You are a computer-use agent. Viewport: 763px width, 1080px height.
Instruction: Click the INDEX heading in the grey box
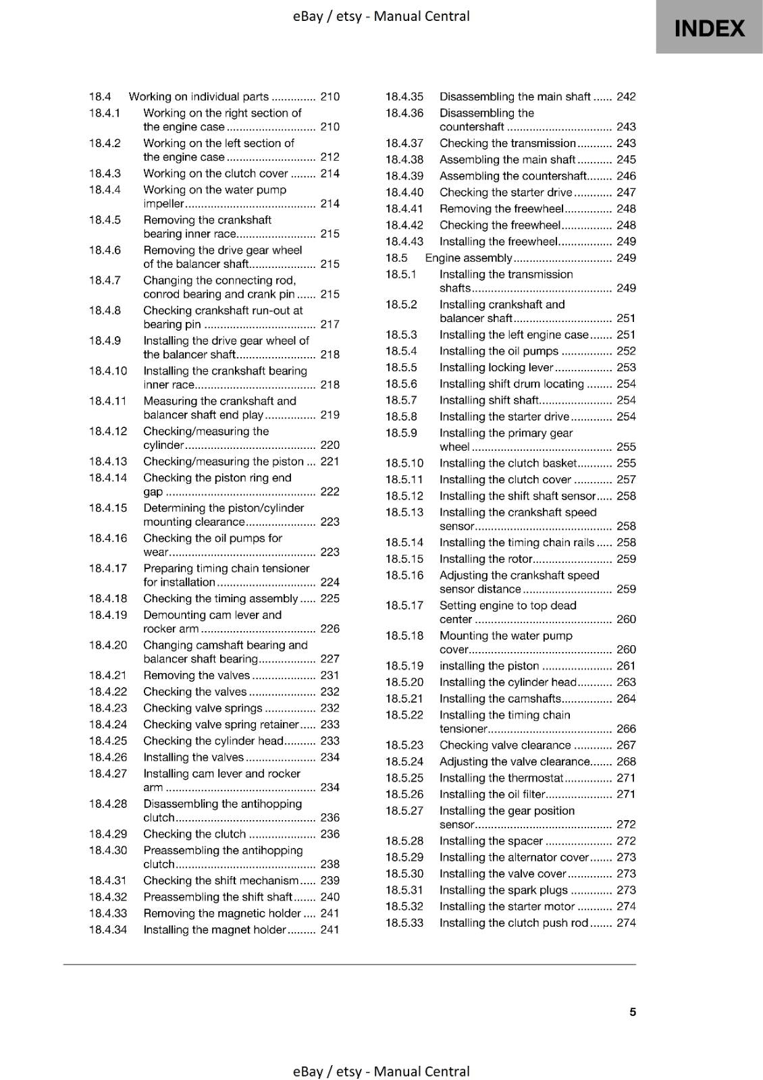(x=709, y=28)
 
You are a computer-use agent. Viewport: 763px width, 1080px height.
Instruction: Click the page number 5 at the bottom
(x=633, y=1012)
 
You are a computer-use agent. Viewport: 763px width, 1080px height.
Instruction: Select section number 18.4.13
(x=108, y=462)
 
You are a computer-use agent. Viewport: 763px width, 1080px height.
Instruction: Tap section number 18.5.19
(x=404, y=666)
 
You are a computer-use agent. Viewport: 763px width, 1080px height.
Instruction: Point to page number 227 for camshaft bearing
(x=330, y=659)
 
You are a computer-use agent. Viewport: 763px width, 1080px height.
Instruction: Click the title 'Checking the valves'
(x=195, y=692)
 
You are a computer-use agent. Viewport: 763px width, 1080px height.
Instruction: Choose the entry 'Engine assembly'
(x=469, y=258)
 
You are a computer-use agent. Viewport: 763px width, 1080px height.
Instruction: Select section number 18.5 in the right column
(x=396, y=258)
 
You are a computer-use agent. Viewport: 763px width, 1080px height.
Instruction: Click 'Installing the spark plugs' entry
(x=503, y=890)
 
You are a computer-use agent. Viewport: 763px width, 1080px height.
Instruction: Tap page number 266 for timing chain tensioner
(x=626, y=729)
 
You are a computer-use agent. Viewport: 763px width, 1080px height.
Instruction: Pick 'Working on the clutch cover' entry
(x=215, y=173)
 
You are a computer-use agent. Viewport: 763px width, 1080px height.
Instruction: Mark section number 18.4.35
(x=404, y=97)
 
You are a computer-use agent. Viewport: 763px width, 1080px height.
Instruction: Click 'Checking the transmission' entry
(x=507, y=143)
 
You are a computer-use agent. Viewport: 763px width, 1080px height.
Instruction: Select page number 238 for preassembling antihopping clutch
(x=330, y=864)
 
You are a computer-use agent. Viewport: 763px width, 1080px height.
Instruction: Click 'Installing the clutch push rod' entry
(x=513, y=923)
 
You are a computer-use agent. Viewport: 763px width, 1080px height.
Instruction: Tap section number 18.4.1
(x=105, y=113)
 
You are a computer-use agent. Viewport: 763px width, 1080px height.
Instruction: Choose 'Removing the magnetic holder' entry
(x=221, y=913)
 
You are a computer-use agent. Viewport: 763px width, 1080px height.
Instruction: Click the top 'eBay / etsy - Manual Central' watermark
(x=381, y=16)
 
